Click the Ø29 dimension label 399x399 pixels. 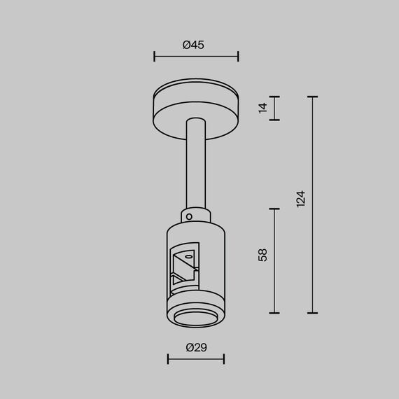197,347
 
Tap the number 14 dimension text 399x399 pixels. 262,108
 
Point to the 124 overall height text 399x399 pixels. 301,199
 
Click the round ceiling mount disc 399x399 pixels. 196,105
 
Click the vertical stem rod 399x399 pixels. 195,164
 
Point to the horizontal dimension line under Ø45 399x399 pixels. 196,57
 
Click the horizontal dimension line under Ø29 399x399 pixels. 196,359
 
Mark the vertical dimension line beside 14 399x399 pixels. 274,108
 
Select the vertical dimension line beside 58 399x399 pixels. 274,260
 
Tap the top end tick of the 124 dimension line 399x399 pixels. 312,97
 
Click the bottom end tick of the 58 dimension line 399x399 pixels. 274,313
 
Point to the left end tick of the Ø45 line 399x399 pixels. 154,57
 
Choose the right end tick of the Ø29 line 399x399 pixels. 224,359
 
